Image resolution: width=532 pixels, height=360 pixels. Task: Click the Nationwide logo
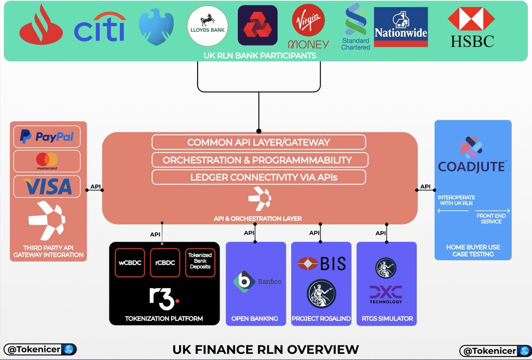[x=401, y=27]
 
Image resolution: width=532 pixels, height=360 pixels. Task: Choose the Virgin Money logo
[x=308, y=27]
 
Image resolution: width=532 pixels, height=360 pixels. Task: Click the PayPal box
[x=47, y=137]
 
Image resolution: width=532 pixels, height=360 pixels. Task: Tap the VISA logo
[x=47, y=187]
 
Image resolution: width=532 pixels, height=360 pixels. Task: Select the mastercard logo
[x=47, y=161]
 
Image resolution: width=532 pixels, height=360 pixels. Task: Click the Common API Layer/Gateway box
[x=258, y=142]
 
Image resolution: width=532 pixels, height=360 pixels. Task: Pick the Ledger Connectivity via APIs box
[x=258, y=177]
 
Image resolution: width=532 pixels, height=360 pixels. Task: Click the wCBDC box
[x=130, y=262]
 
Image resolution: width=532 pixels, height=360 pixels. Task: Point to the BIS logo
[x=321, y=263]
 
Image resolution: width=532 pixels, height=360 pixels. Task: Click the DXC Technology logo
[x=386, y=294]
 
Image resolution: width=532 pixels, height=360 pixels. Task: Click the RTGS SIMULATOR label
[x=387, y=318]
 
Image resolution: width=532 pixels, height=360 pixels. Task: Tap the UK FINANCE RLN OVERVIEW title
[x=266, y=349]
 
